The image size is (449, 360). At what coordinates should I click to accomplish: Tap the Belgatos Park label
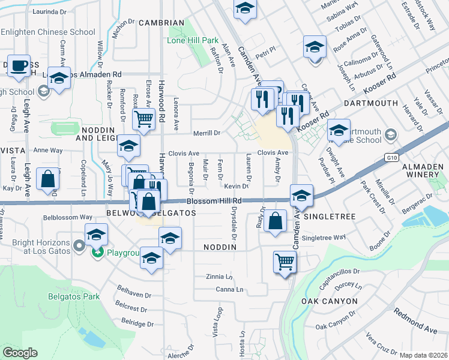coord(73,296)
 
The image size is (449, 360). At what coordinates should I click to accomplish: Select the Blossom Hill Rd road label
coord(214,201)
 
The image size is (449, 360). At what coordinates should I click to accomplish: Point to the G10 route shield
coord(391,157)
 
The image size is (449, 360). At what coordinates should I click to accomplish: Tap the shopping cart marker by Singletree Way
coord(285,261)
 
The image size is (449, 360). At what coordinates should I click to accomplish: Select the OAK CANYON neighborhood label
coord(330,301)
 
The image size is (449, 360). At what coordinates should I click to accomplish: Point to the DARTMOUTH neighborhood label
coord(371,103)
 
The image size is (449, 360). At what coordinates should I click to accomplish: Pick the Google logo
coord(20,353)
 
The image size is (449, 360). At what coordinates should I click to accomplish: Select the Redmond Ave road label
coord(415,321)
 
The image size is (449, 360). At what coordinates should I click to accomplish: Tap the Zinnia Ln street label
coord(218,277)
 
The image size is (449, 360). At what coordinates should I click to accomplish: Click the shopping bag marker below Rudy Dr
coord(275,220)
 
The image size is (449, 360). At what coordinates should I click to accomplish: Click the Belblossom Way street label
coord(68,217)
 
